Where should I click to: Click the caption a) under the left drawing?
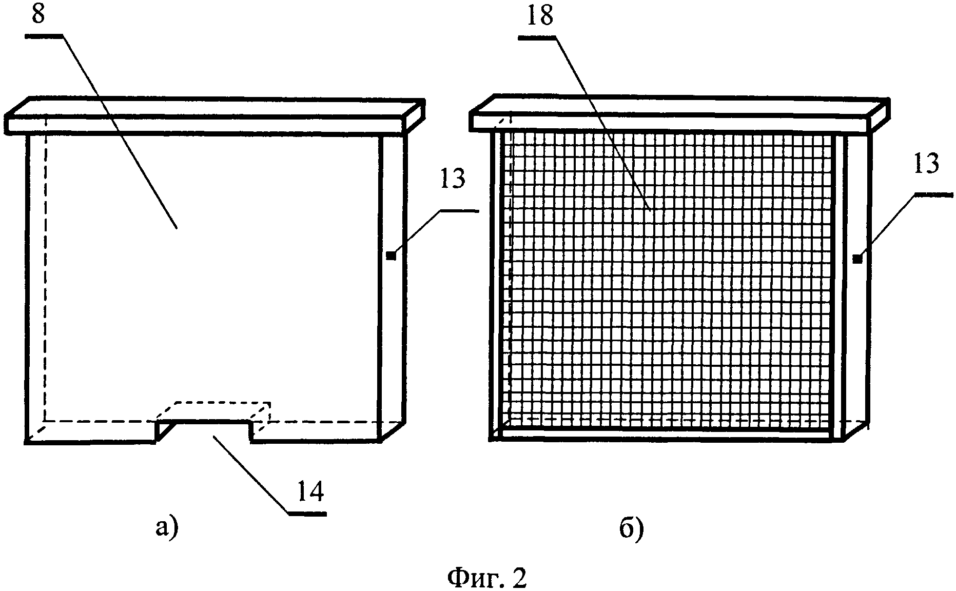point(167,528)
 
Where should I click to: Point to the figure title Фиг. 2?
point(487,578)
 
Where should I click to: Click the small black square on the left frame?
point(392,255)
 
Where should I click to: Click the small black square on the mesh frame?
point(856,259)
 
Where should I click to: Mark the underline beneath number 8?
point(43,36)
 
